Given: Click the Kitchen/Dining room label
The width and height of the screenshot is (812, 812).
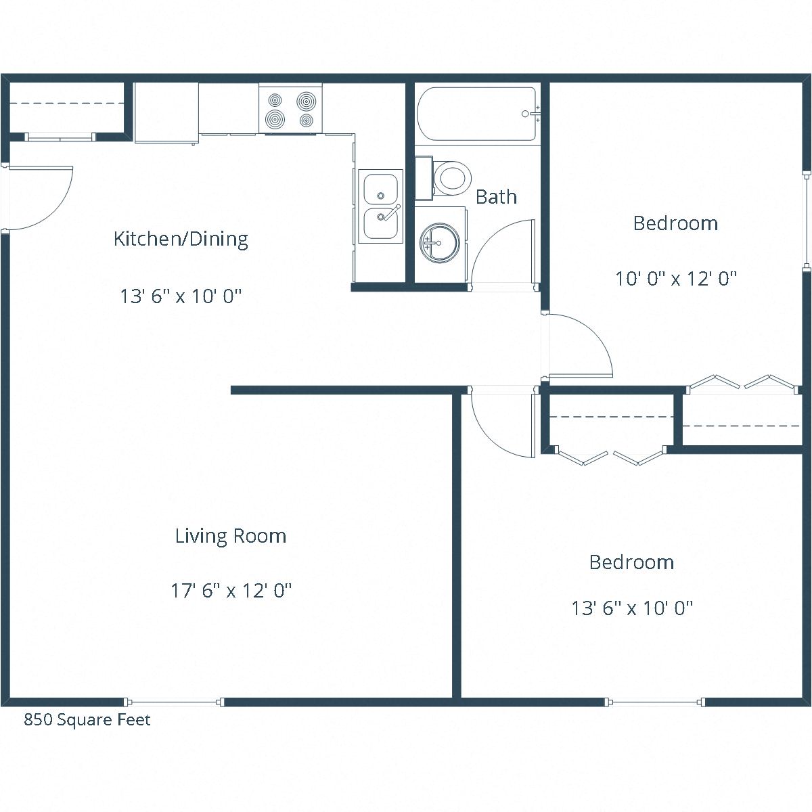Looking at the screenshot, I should (181, 239).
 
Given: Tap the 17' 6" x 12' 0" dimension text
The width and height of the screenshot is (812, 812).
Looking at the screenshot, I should (231, 591).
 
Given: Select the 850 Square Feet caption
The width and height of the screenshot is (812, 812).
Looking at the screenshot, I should (87, 719).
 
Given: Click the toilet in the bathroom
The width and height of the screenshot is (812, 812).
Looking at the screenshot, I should (451, 178).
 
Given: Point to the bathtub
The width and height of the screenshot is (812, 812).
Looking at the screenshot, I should (477, 114).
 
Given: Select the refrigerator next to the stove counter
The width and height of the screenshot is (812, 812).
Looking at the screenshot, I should (166, 112).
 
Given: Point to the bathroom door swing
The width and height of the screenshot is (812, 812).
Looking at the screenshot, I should (504, 254).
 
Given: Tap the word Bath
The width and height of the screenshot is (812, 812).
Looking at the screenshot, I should (496, 197).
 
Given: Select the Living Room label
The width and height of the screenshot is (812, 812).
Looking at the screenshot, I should (231, 536).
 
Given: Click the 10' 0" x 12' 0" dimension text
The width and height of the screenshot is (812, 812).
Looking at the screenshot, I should (675, 278).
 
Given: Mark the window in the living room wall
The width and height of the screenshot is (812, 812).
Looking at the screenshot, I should (173, 702).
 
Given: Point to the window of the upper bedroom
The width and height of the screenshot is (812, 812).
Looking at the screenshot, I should (806, 221).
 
